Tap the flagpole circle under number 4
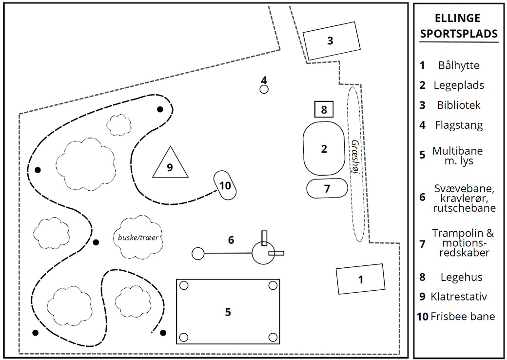264,89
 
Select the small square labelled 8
324,109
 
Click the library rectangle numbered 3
331,41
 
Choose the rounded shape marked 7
327,188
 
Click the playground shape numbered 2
324,149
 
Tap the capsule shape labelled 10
224,185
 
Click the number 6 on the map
231,240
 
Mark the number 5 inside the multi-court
228,312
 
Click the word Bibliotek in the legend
459,105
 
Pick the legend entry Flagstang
459,125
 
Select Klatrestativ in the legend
459,297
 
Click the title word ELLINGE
457,19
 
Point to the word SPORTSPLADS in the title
459,34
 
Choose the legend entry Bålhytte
459,65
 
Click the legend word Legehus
461,277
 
